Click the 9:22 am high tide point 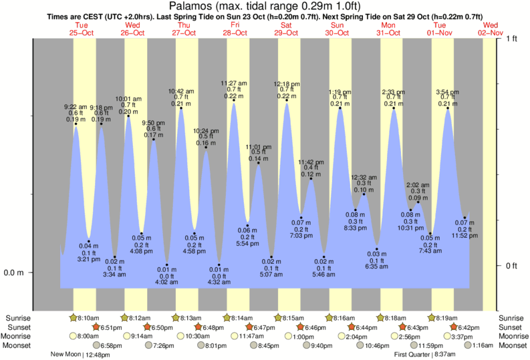pyautogui.click(x=76, y=124)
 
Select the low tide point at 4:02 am pyautogui.click(x=167, y=265)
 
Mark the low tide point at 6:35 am pyautogui.click(x=377, y=249)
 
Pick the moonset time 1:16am pyautogui.click(x=481, y=345)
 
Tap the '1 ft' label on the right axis pyautogui.click(x=513, y=39)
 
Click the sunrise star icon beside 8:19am pyautogui.click(x=432, y=317)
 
